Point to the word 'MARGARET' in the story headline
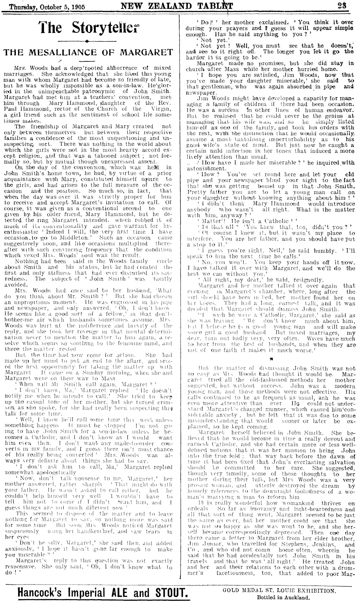point(151,52)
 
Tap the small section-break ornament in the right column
point(268,358)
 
